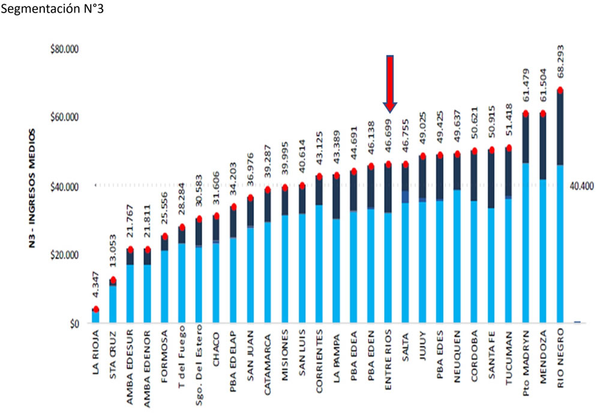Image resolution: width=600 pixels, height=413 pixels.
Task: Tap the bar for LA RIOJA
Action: (95, 316)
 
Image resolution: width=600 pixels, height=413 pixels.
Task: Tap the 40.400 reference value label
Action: (580, 186)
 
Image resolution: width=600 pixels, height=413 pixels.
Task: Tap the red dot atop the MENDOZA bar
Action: (543, 113)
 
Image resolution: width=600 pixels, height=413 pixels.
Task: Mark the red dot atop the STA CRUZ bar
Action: (113, 280)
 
